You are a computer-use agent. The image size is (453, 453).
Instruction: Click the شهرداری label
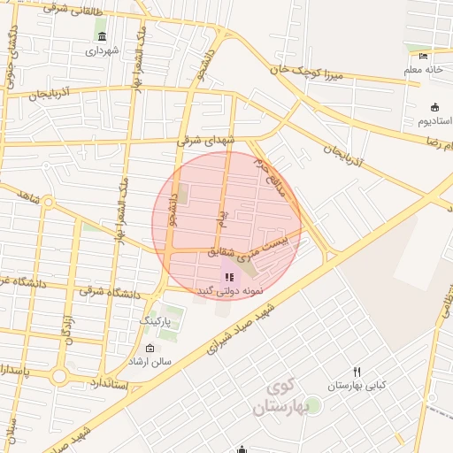tap(104, 51)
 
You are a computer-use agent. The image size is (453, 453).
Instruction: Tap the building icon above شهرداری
tap(103, 36)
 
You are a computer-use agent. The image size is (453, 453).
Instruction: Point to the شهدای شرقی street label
tap(206, 141)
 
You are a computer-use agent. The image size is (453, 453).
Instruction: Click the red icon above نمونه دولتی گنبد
tap(231, 278)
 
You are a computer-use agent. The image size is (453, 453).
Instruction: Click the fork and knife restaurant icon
tap(357, 372)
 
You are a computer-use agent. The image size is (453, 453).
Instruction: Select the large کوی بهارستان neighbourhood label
tap(283, 397)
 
